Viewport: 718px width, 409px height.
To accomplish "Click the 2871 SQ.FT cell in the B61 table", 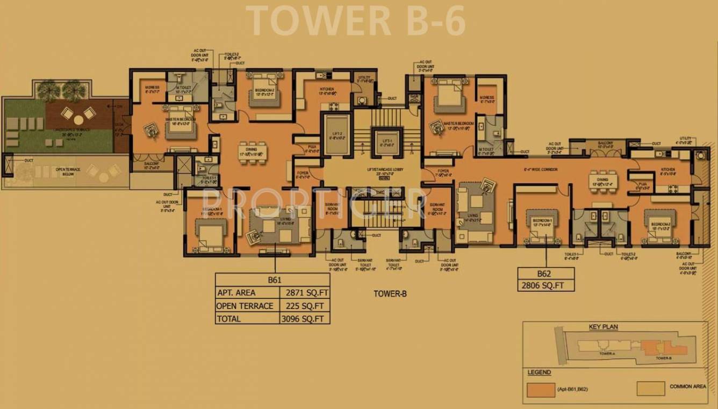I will tap(305, 293).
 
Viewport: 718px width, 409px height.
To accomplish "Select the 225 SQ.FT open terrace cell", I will tap(305, 306).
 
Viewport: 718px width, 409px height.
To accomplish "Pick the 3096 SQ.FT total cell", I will tap(305, 319).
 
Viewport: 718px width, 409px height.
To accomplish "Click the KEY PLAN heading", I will tap(603, 327).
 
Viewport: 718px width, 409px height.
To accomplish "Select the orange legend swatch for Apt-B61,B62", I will tap(541, 389).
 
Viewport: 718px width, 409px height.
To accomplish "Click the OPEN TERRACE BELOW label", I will tap(68, 171).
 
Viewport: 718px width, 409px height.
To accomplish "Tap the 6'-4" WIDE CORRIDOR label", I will tap(540, 170).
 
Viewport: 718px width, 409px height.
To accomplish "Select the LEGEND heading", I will tap(538, 372).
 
